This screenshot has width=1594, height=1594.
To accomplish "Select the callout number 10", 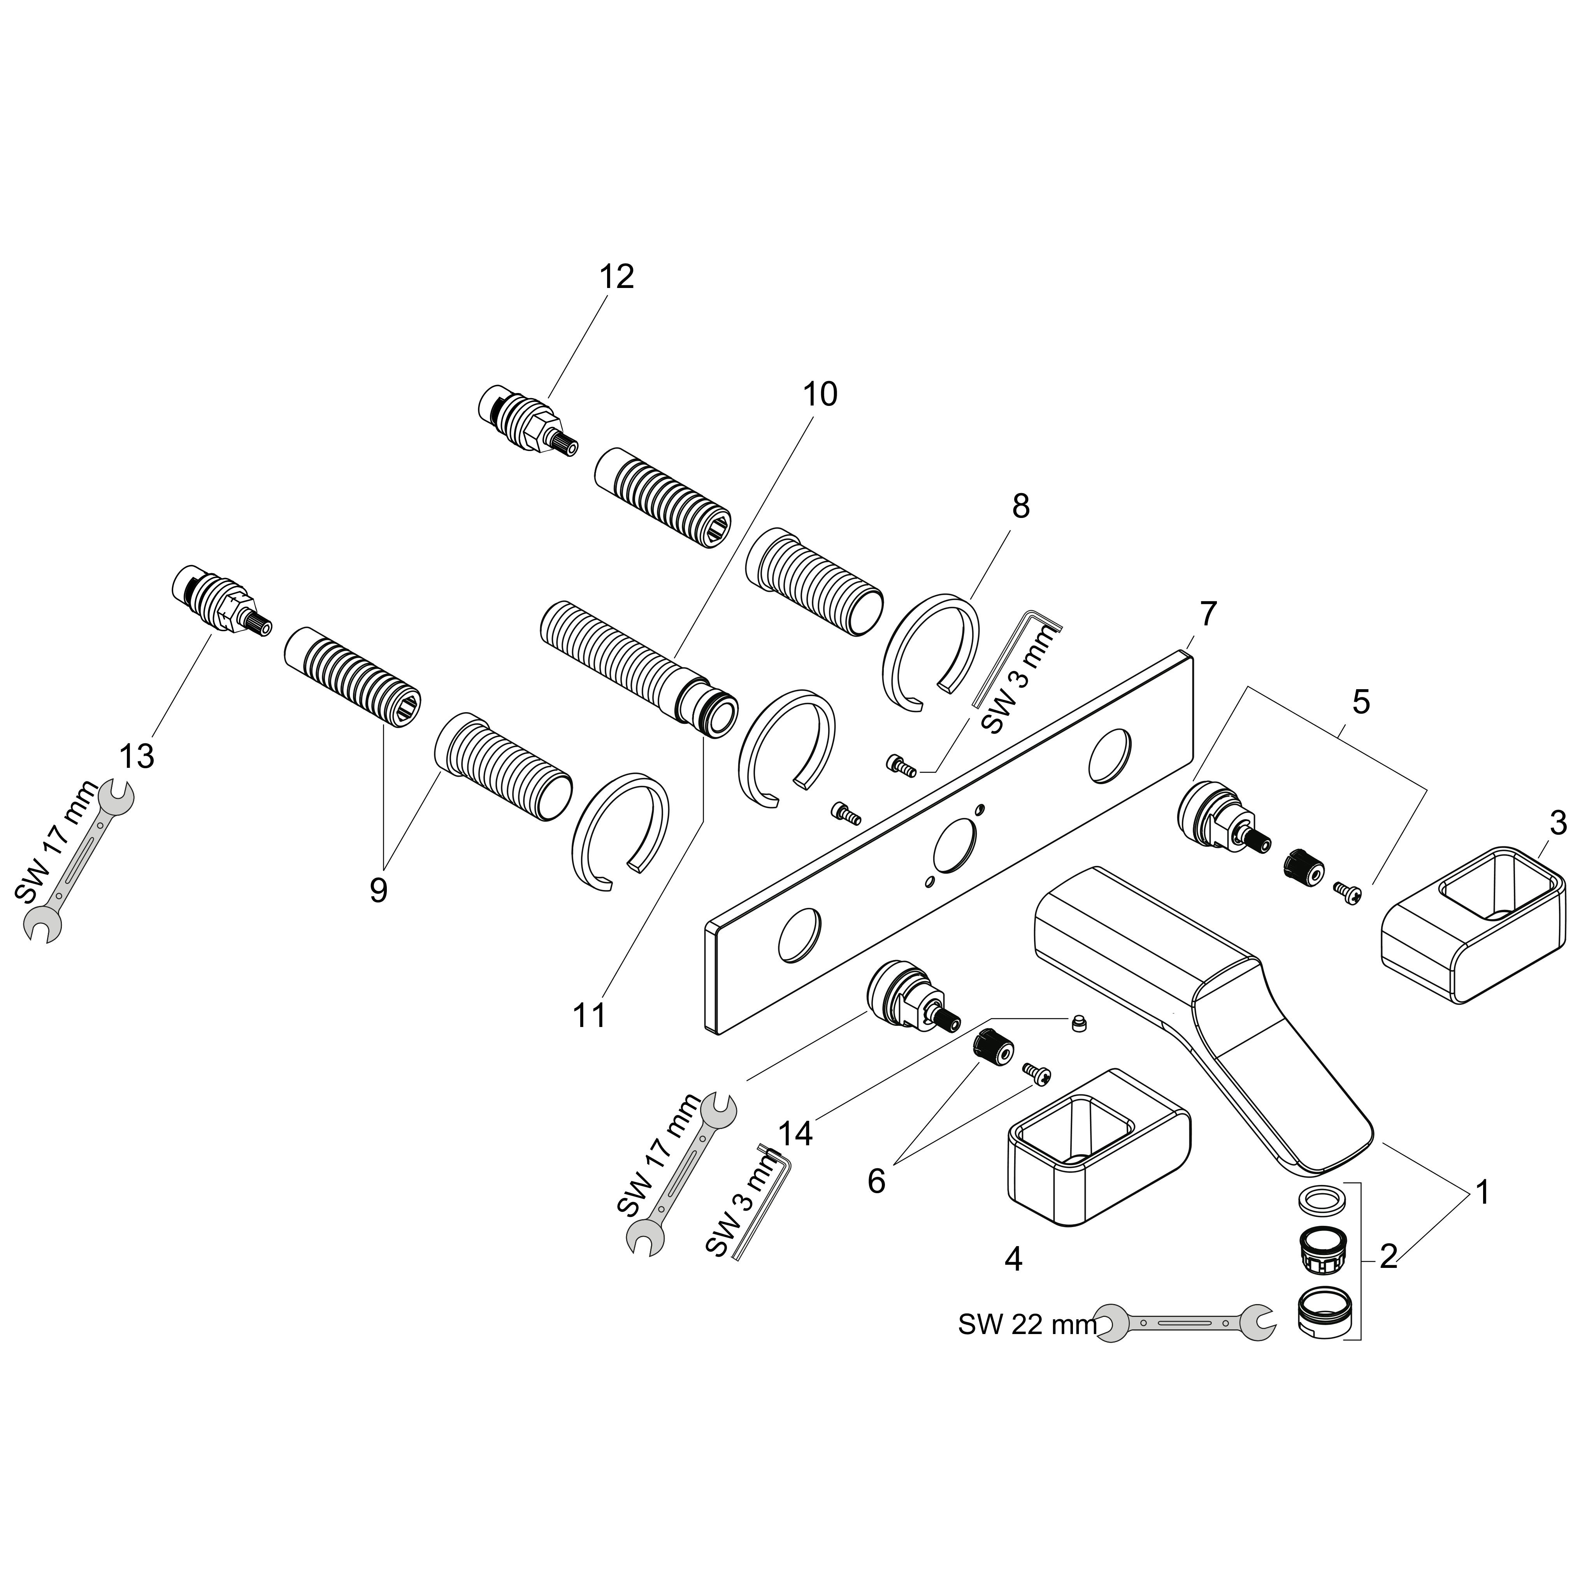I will point(819,394).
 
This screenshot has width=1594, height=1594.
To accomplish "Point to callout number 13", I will point(137,756).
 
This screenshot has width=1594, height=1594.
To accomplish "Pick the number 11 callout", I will point(589,1015).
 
